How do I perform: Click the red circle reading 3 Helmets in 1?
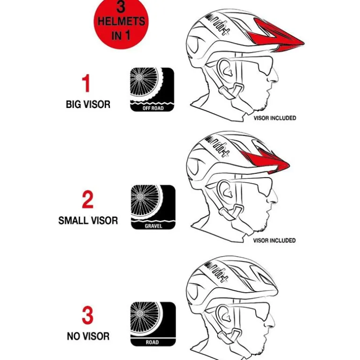point(121,23)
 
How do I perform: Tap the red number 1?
point(86,83)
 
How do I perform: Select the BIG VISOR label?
point(88,104)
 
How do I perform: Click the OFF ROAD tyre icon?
point(152,89)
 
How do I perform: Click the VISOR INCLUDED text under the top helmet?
point(275,118)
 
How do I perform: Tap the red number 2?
point(88,200)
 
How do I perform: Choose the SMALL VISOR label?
point(88,221)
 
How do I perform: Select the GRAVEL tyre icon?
point(153,207)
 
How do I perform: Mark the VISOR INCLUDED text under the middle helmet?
point(274,240)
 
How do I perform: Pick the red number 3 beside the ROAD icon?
point(87,315)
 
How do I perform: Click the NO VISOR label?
point(88,336)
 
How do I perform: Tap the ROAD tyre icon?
point(153,324)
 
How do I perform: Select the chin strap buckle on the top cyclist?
point(230,91)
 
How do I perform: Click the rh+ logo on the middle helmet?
point(217,146)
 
